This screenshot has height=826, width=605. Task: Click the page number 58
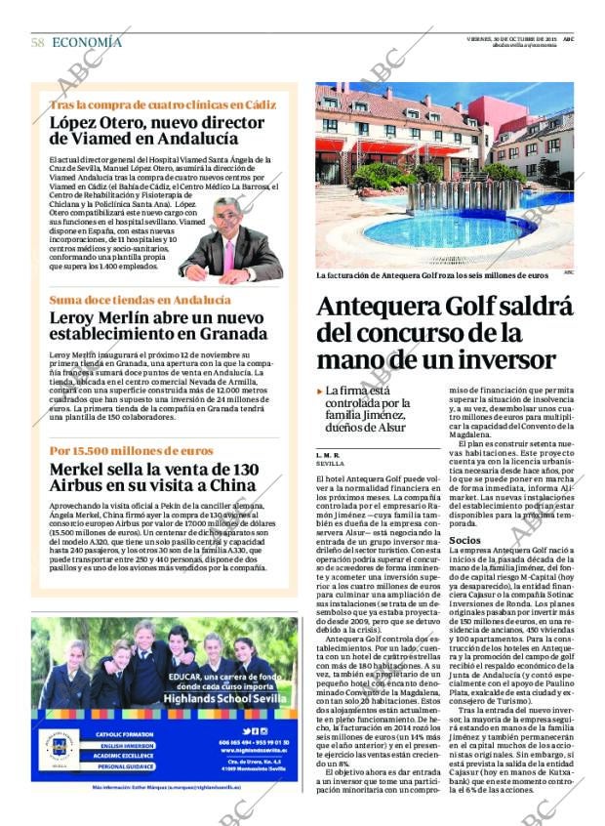click(x=38, y=42)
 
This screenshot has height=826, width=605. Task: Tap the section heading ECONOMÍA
click(x=87, y=42)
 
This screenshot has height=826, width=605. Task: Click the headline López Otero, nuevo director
click(x=146, y=124)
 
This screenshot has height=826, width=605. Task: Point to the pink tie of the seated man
click(x=230, y=255)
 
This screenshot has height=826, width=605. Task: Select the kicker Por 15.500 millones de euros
click(x=131, y=451)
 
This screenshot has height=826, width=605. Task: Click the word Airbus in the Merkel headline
click(x=79, y=485)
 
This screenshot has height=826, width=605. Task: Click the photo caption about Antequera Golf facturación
click(x=432, y=275)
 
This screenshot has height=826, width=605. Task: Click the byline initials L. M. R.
click(x=328, y=455)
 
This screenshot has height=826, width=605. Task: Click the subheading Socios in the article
click(x=464, y=539)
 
